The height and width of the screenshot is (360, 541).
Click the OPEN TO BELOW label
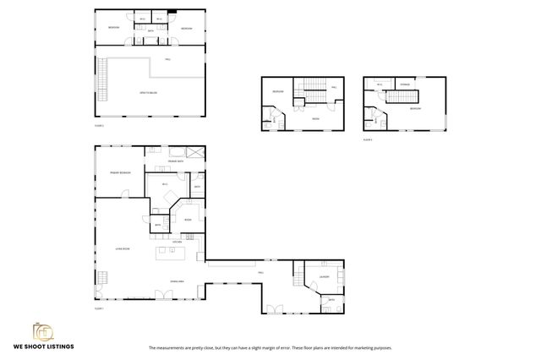tap(149, 92)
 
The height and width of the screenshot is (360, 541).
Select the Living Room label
tap(111, 249)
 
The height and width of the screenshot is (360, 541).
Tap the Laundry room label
tap(324, 276)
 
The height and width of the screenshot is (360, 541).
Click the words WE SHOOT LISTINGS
tap(42, 346)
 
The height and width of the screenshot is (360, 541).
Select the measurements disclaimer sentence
tap(270, 347)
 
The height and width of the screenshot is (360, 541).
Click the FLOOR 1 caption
tap(98, 308)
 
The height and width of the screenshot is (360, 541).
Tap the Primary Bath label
tap(176, 161)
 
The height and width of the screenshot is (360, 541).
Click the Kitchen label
tap(178, 242)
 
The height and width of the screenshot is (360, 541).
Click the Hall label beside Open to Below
tap(167, 59)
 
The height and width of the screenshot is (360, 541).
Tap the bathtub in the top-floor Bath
tap(151, 35)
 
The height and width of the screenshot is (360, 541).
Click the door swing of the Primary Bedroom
tap(126, 196)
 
